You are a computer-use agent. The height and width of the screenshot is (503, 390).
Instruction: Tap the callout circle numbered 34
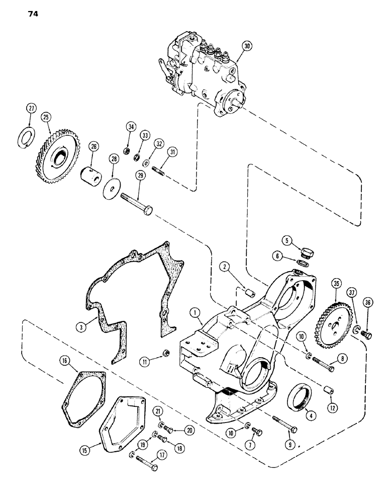131,126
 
